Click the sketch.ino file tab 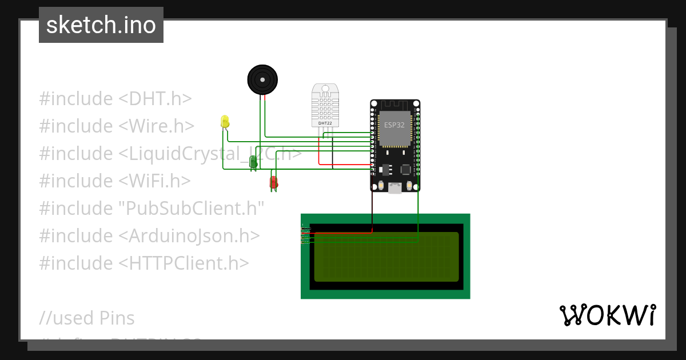[x=101, y=25]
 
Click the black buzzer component [x=263, y=79]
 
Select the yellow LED [x=225, y=121]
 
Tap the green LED [x=253, y=162]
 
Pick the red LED [x=274, y=182]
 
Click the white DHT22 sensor [x=325, y=105]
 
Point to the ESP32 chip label [x=394, y=125]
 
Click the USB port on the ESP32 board [x=395, y=187]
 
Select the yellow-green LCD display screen [x=386, y=257]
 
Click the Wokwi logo [x=607, y=315]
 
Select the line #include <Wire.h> [x=117, y=126]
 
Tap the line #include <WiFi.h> [x=115, y=181]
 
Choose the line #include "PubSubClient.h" [x=151, y=209]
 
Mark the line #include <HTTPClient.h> [x=144, y=263]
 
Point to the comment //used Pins [x=87, y=318]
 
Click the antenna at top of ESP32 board [x=395, y=105]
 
